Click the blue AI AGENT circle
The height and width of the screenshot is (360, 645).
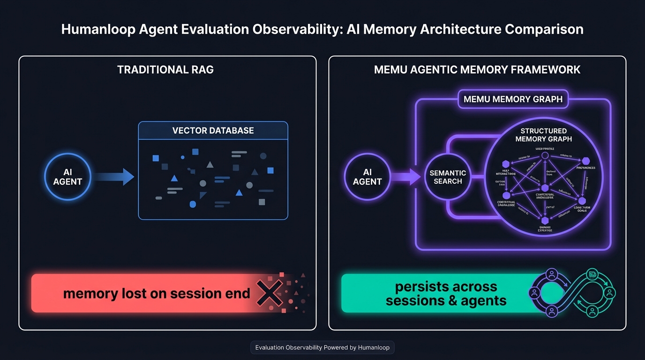click(x=67, y=177)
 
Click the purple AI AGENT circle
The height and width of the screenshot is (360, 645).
click(x=367, y=177)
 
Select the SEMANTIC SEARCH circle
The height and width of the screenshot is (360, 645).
click(x=448, y=177)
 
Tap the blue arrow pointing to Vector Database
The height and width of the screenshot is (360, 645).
click(x=114, y=177)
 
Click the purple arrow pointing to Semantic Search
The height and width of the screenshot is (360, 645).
click(x=406, y=177)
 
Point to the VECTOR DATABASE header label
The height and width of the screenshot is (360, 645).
click(x=213, y=131)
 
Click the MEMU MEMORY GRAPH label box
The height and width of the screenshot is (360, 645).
click(x=513, y=99)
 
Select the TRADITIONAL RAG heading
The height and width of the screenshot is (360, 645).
click(x=165, y=70)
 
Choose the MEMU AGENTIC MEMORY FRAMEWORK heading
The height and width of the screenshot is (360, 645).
click(x=477, y=70)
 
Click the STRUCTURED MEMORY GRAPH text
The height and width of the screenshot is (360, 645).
click(x=543, y=135)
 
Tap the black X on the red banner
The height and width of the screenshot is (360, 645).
click(x=269, y=293)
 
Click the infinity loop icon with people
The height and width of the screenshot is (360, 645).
click(x=572, y=293)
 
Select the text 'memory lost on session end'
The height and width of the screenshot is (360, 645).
click(x=156, y=294)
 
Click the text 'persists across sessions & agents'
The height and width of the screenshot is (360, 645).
click(x=446, y=293)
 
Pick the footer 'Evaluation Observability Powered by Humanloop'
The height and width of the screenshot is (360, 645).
click(x=322, y=347)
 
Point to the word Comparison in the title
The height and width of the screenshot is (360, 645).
click(x=544, y=29)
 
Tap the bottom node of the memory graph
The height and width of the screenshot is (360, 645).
click(x=545, y=220)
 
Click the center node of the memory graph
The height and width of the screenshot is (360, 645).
click(x=545, y=187)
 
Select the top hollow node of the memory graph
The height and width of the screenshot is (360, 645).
click(x=545, y=156)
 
